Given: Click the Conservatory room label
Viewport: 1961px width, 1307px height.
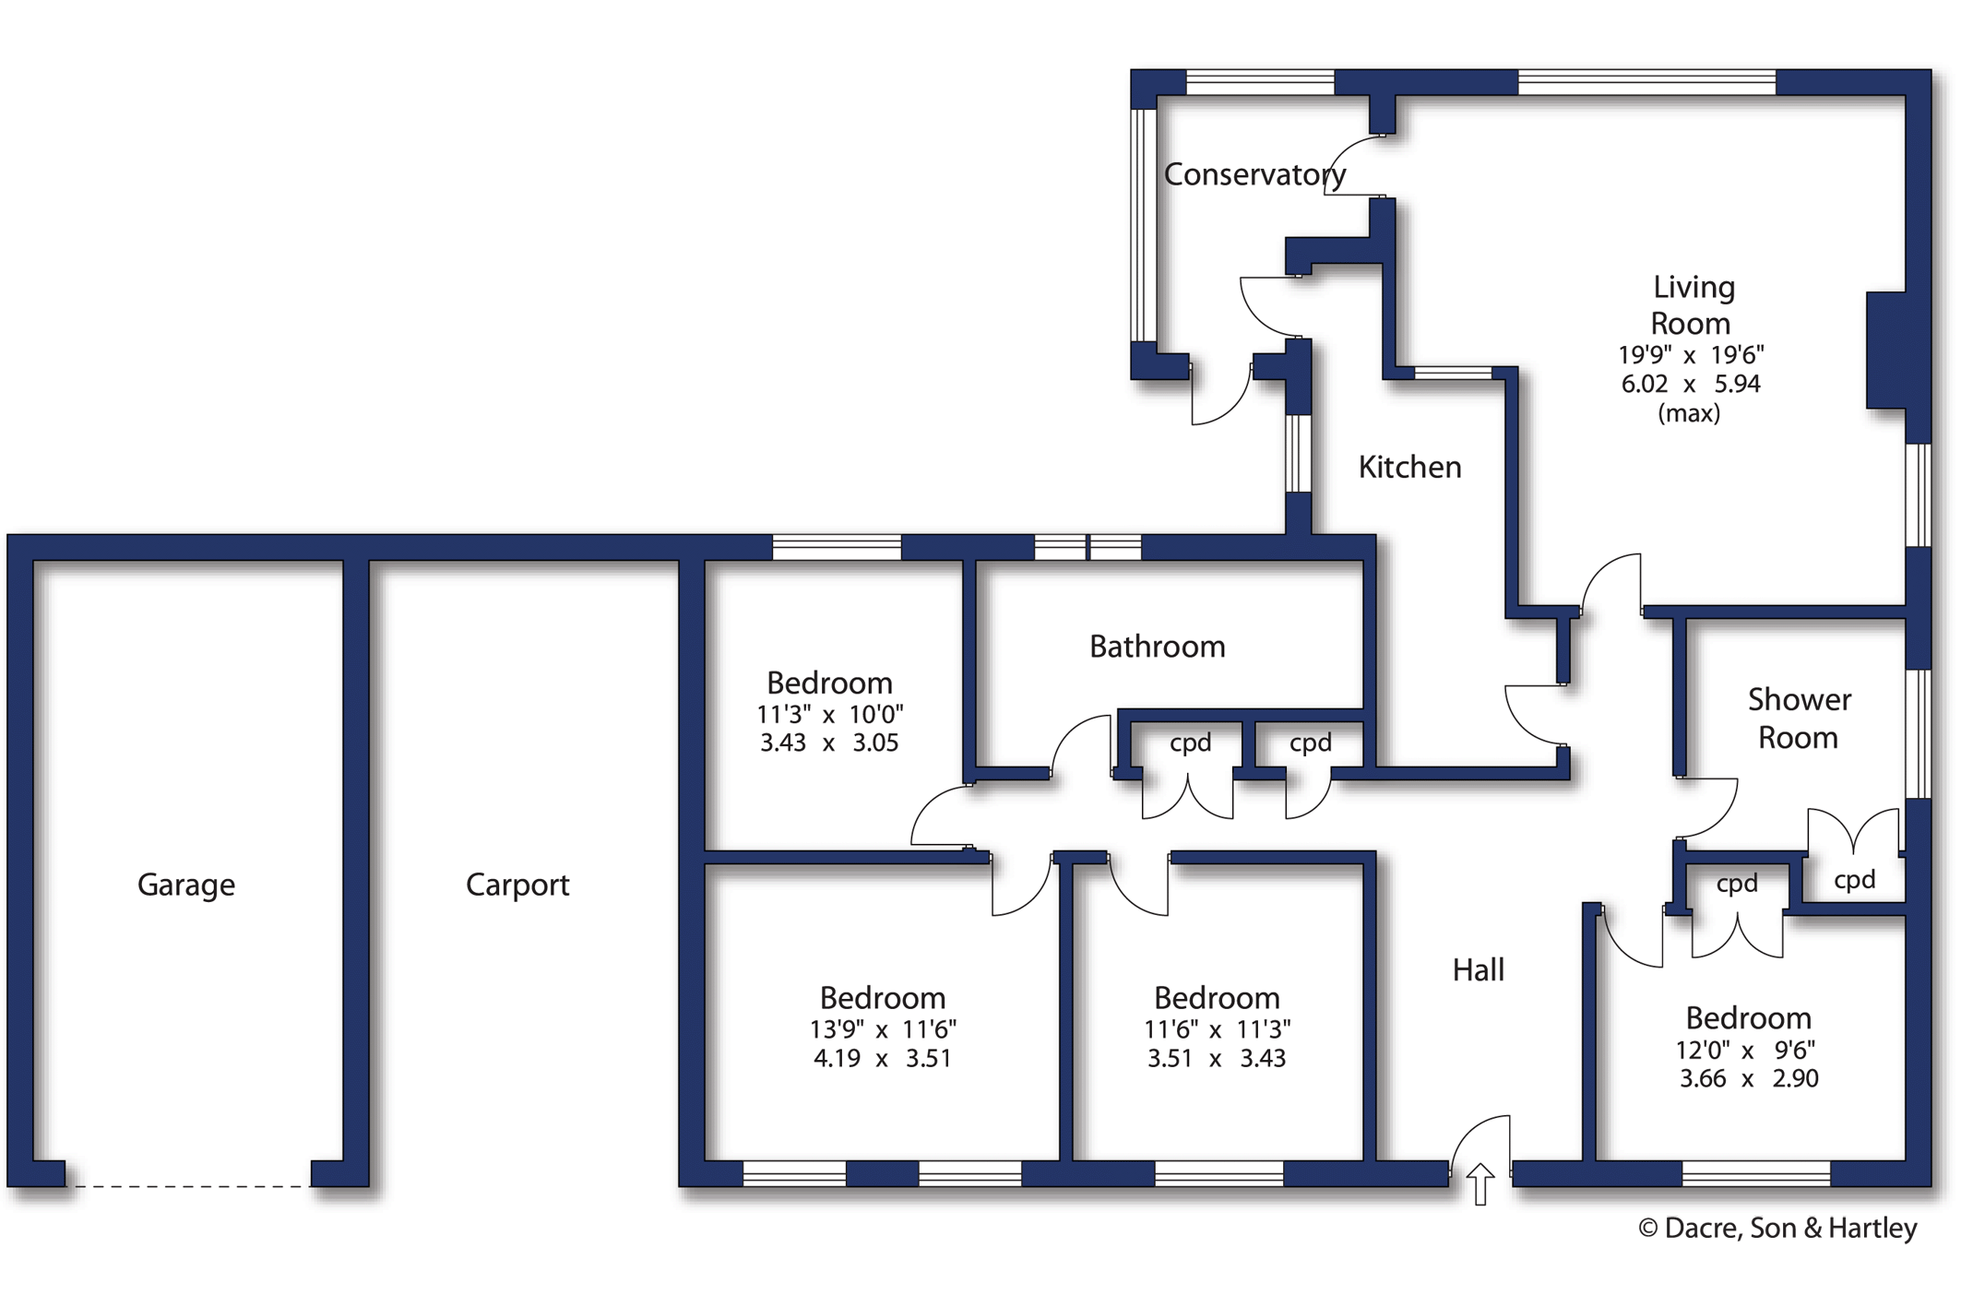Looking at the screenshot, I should pyautogui.click(x=1254, y=174).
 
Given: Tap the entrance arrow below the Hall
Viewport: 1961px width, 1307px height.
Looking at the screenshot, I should pyautogui.click(x=1480, y=1183).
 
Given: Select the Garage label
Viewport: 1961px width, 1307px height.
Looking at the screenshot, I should pyautogui.click(x=185, y=885).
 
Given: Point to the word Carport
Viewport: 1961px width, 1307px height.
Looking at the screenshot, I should pyautogui.click(x=517, y=885).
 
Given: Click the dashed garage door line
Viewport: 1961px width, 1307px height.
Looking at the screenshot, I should pyautogui.click(x=189, y=1186).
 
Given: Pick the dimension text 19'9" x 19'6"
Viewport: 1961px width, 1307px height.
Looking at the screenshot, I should pyautogui.click(x=1691, y=355).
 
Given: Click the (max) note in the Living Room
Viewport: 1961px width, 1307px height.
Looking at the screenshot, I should pyautogui.click(x=1689, y=413).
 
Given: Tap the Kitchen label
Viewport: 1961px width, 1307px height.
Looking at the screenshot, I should pyautogui.click(x=1409, y=468).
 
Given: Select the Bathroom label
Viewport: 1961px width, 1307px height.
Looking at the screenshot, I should pyautogui.click(x=1157, y=647).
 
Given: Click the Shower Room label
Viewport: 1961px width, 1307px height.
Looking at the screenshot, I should pyautogui.click(x=1798, y=719).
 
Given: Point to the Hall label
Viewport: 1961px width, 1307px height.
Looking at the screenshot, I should pyautogui.click(x=1478, y=970).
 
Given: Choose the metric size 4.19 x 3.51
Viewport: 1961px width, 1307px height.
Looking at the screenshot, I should pyautogui.click(x=882, y=1059).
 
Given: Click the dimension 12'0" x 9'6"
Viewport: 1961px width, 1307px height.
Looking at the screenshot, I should pyautogui.click(x=1745, y=1051).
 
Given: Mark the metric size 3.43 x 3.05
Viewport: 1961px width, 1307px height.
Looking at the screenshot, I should pyautogui.click(x=828, y=743).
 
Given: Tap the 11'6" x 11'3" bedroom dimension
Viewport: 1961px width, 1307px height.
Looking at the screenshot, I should pyautogui.click(x=1217, y=1029).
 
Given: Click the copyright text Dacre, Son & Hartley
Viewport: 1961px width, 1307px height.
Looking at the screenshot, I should pyautogui.click(x=1777, y=1229).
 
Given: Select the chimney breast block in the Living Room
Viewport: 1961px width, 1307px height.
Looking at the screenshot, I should pyautogui.click(x=1885, y=351).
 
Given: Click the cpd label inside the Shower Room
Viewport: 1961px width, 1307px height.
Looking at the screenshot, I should pyautogui.click(x=1854, y=880).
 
